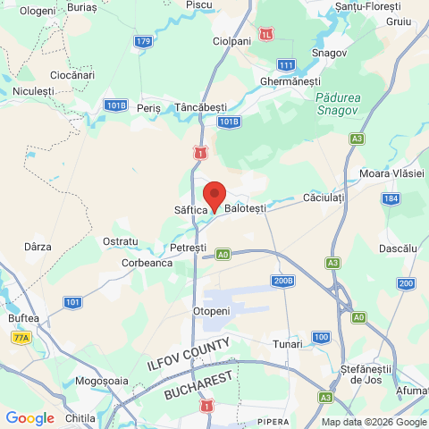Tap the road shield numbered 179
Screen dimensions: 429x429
click(143, 41)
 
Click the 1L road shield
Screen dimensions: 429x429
click(267, 34)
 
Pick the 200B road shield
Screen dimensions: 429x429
click(283, 281)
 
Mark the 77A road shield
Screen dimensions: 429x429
click(21, 337)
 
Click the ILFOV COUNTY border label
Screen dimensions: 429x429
click(189, 355)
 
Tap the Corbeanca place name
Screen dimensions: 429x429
click(147, 264)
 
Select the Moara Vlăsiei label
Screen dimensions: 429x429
click(390, 172)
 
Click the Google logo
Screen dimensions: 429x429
click(29, 417)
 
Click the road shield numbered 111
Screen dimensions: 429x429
click(286, 65)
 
